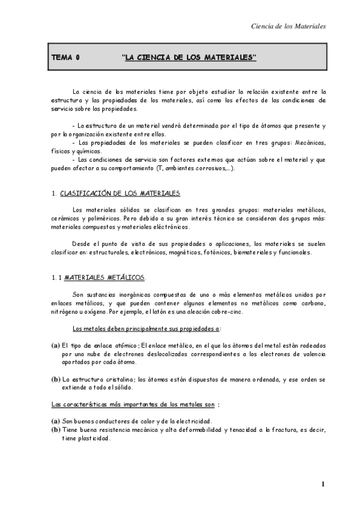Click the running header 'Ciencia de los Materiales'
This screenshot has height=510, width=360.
[x=287, y=26]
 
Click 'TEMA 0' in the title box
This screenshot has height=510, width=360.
[x=66, y=58]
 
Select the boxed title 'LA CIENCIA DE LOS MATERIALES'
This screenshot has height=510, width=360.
[x=189, y=58]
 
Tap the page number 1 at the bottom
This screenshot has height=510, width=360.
[x=323, y=484]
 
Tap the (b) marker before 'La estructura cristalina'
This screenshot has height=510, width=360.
[x=55, y=379]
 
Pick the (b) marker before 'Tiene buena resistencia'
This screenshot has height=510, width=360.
[x=55, y=430]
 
